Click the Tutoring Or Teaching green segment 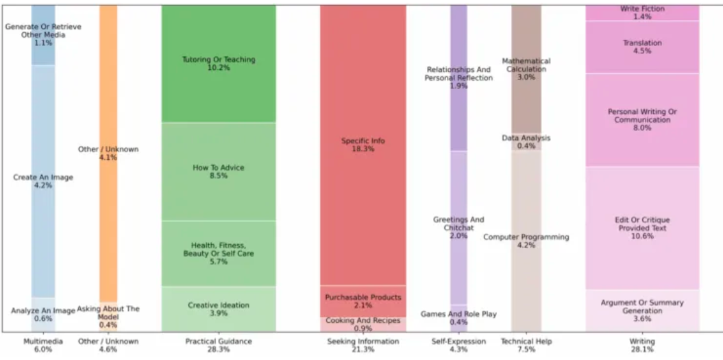[x=219, y=64]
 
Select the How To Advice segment [x=219, y=171]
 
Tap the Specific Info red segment [x=363, y=145]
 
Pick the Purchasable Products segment [x=363, y=301]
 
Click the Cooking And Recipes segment [x=363, y=324]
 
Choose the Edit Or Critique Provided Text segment [x=642, y=228]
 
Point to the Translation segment [x=642, y=47]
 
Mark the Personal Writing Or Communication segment [x=642, y=119]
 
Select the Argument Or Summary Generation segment [x=642, y=310]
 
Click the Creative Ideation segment [x=219, y=309]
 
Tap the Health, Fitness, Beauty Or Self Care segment [x=219, y=253]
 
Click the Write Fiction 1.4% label [x=642, y=12]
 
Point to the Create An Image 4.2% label [x=43, y=181]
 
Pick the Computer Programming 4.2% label [x=526, y=241]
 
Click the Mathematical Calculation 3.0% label [x=526, y=69]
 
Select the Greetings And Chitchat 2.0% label [x=458, y=228]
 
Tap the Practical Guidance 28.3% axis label [x=219, y=345]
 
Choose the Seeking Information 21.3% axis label [x=363, y=345]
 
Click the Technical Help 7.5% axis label [x=526, y=345]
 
